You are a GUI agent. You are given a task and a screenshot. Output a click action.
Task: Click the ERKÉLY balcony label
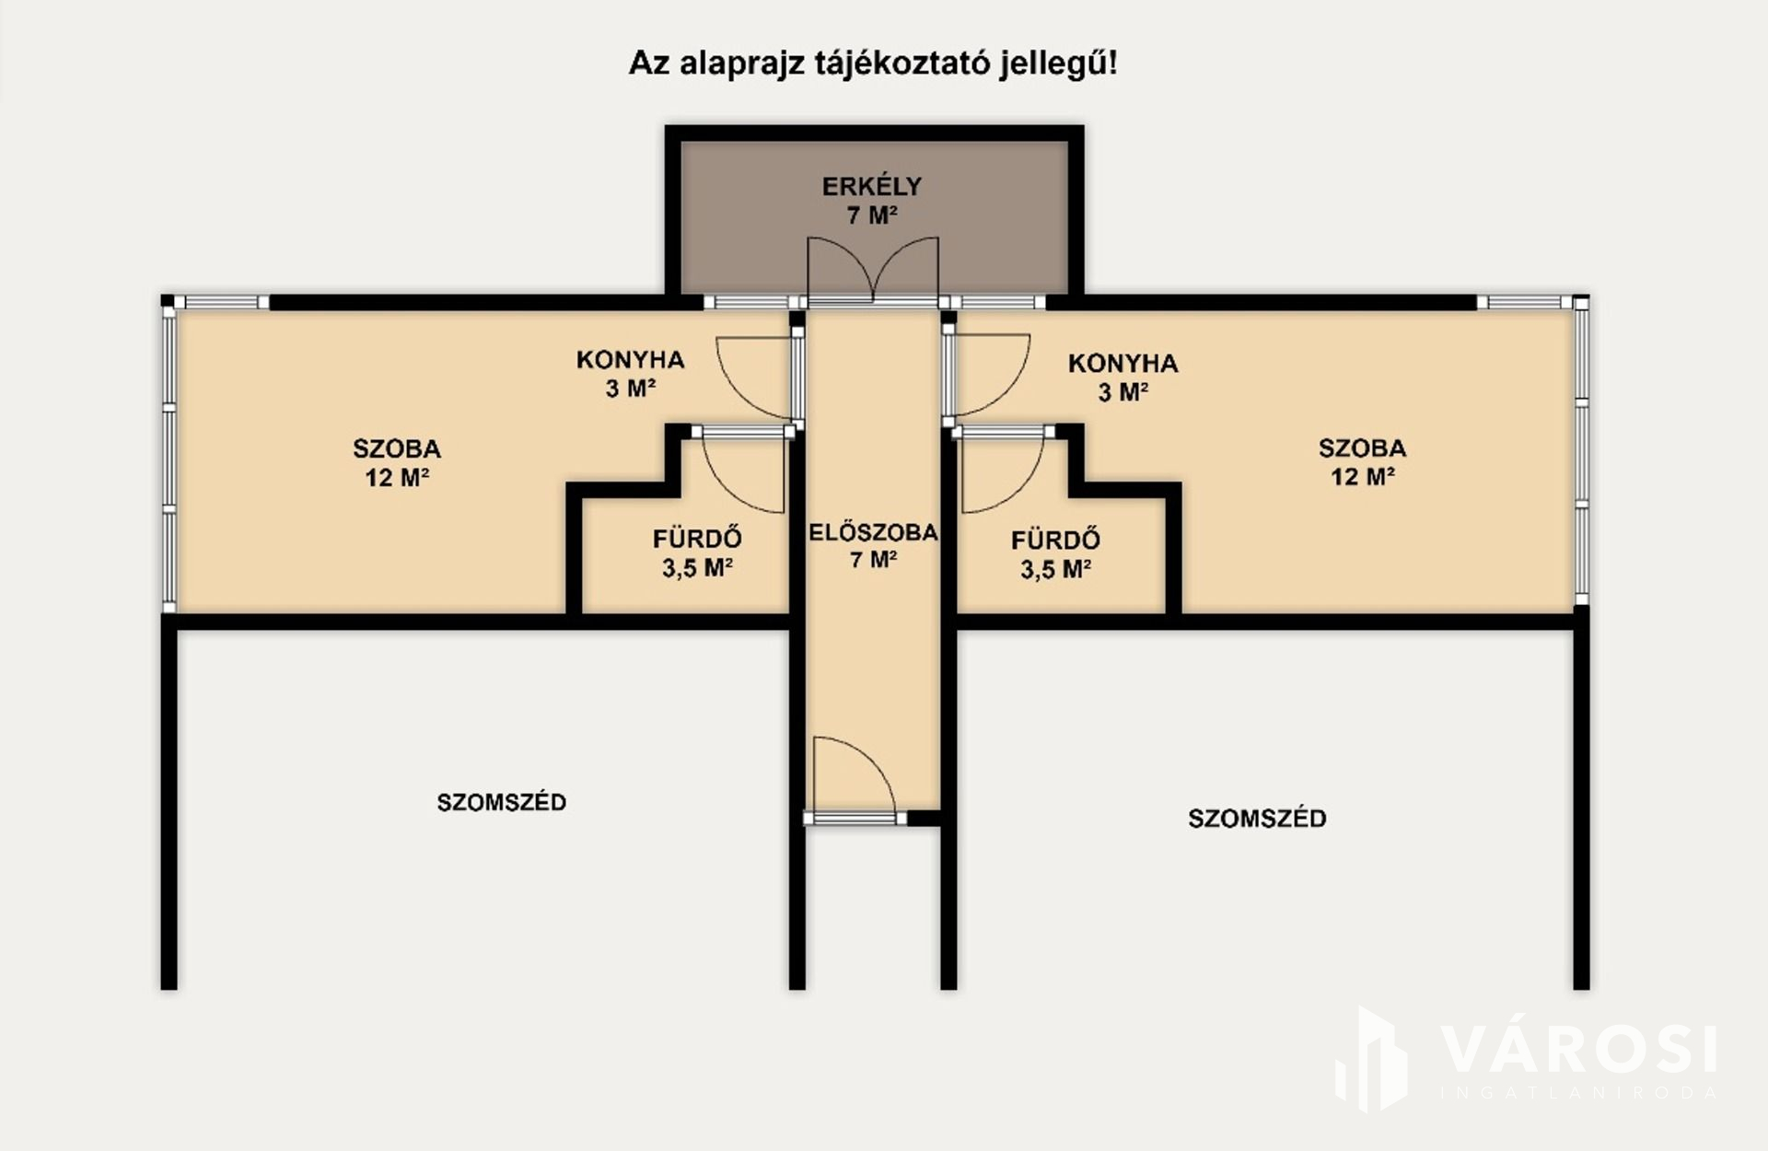[871, 187]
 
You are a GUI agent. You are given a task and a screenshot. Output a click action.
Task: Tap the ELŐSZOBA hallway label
[873, 532]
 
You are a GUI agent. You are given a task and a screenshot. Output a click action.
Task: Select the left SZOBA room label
[397, 449]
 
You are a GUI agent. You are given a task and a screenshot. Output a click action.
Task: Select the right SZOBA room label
[1362, 448]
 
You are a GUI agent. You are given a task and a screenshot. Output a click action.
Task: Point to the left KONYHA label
[631, 359]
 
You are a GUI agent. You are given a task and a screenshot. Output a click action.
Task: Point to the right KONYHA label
[1122, 363]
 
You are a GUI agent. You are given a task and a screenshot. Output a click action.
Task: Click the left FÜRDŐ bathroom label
[697, 538]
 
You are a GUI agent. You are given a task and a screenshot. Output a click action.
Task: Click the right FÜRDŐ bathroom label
[1055, 540]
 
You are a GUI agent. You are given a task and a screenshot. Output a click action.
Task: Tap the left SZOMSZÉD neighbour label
[501, 802]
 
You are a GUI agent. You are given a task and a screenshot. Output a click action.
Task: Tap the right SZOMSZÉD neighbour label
[1257, 819]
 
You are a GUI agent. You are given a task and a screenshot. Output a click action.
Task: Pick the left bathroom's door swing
[743, 471]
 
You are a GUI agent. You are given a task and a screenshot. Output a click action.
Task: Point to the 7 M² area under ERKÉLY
[872, 215]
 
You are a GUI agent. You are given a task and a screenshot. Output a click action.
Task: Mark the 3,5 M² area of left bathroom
[697, 567]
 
